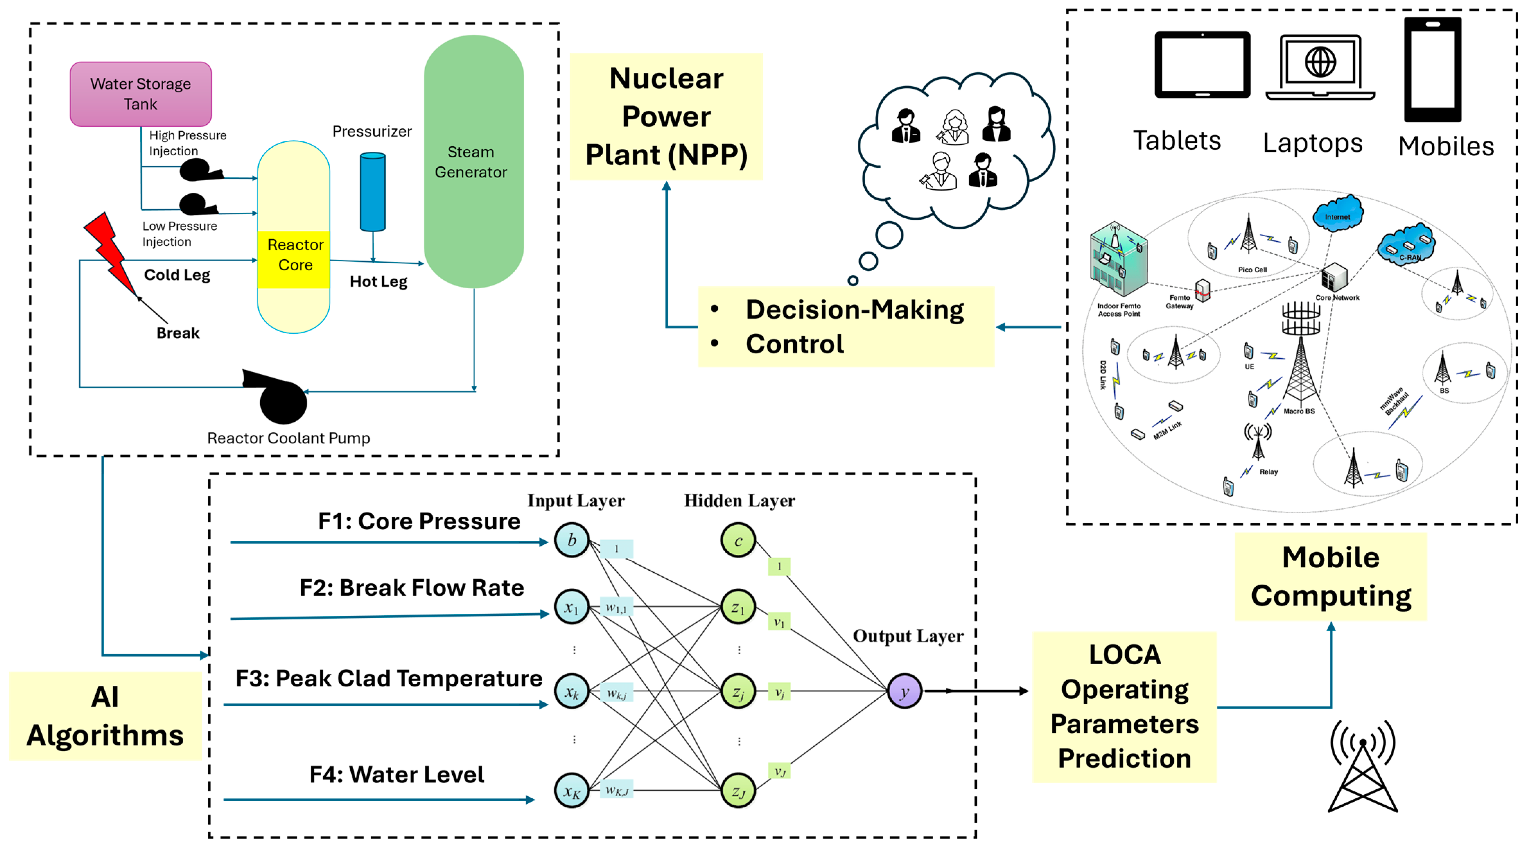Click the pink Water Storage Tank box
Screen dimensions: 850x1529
[x=141, y=94]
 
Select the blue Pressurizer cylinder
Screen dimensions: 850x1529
[x=373, y=191]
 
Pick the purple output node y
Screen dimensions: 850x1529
[x=904, y=691]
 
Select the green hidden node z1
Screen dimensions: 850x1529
[x=738, y=607]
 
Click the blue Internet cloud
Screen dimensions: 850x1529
[x=1337, y=214]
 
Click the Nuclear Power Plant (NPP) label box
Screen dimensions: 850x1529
[x=666, y=116]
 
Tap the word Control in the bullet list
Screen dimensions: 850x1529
[x=794, y=344]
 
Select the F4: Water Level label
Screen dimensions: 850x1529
[x=396, y=774]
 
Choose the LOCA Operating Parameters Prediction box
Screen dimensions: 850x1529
[x=1124, y=706]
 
